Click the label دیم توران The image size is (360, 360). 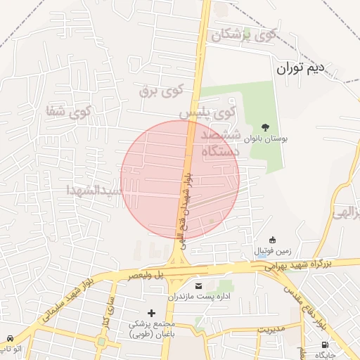(300, 68)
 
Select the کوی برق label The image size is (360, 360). (160, 89)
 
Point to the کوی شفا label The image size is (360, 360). (68, 110)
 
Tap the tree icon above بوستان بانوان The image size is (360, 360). (264, 127)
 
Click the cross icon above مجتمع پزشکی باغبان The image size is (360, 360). (151, 312)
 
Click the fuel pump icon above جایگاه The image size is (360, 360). (324, 345)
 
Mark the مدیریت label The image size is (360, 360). (269, 328)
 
